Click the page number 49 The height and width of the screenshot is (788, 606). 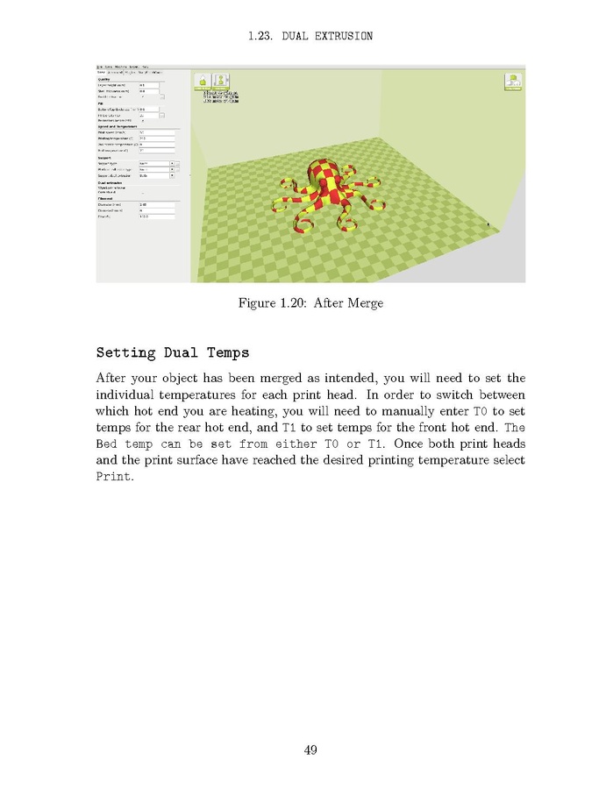310,749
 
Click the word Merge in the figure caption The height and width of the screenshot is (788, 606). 364,303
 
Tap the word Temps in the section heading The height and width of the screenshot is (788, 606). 223,353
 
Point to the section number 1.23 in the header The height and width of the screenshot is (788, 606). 260,36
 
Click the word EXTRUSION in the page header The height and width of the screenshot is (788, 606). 341,36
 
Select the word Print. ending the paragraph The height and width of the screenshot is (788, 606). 113,477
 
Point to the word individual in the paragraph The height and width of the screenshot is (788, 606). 132,395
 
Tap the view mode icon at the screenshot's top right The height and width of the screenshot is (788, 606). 513,82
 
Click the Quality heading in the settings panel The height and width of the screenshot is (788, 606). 104,79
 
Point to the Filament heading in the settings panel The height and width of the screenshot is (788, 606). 105,199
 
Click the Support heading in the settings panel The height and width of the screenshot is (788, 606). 105,157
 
